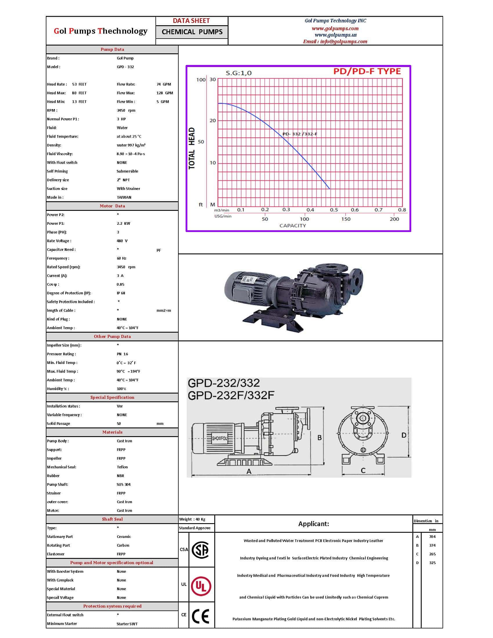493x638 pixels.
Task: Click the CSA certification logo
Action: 200,550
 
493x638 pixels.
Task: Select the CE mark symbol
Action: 201,617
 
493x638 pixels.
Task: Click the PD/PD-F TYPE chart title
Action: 367,71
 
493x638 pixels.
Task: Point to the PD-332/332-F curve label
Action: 300,134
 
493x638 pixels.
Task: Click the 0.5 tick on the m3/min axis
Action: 334,210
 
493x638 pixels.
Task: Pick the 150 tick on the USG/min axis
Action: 346,219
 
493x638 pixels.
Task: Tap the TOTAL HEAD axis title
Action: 192,148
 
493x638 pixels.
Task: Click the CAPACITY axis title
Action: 293,226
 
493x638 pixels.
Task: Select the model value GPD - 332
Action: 125,67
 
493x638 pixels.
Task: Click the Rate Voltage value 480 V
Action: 122,241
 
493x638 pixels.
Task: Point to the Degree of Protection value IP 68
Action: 121,293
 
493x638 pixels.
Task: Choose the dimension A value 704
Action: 432,536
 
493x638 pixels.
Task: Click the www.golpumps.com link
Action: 335,28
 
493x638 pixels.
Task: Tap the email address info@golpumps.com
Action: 335,41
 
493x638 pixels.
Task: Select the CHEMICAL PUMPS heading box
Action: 192,32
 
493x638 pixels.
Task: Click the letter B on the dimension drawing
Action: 320,438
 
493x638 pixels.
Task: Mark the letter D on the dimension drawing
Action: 404,435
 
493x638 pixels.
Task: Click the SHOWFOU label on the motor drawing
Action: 220,438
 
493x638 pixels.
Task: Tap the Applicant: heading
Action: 313,524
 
